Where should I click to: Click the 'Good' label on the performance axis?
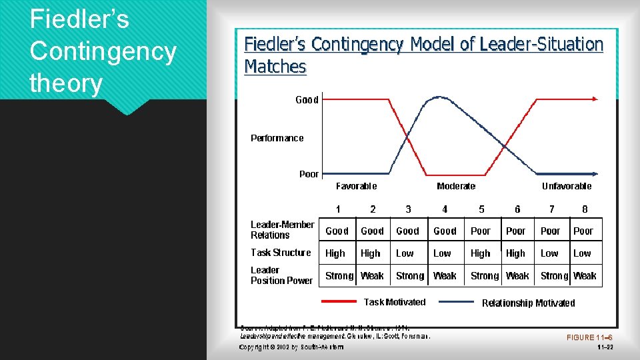[307, 100]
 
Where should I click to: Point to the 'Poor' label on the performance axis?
[309, 174]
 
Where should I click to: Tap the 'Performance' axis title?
[277, 138]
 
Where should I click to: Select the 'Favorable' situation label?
[356, 186]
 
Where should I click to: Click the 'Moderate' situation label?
[456, 186]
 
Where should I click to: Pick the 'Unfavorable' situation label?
[567, 186]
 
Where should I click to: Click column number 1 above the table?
[338, 209]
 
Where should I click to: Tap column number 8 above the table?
[585, 209]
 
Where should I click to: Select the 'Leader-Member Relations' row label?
[282, 230]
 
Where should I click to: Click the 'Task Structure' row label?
[281, 253]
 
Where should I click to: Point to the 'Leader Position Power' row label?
[281, 275]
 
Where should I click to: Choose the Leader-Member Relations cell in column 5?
[481, 231]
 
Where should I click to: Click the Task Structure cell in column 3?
[405, 253]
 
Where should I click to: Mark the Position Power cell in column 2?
[372, 276]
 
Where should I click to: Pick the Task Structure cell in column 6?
[515, 253]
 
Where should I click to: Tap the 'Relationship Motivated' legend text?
[528, 303]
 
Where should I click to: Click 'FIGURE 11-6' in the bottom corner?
[589, 337]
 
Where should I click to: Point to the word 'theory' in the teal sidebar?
[66, 83]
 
